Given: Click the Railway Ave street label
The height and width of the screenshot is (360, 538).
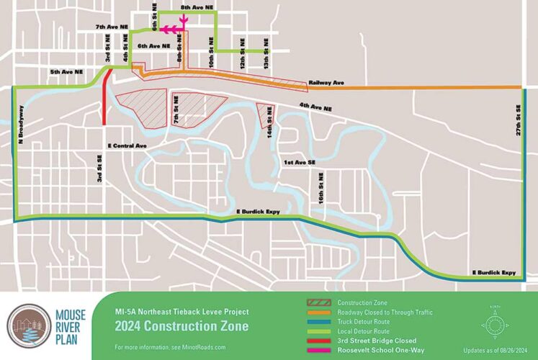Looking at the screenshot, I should pos(326,83).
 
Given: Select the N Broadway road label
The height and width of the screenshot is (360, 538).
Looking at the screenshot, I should pos(21,122).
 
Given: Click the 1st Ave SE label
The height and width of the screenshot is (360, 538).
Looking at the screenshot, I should pos(300,163).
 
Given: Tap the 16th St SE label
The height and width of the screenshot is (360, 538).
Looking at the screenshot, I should pos(314,185).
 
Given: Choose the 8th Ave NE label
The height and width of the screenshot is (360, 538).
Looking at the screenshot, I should pos(197,6).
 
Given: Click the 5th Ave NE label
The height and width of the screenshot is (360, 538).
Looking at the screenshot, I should pos(66,72).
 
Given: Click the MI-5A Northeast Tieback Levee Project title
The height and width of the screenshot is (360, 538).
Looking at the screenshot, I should pos(181,312).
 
